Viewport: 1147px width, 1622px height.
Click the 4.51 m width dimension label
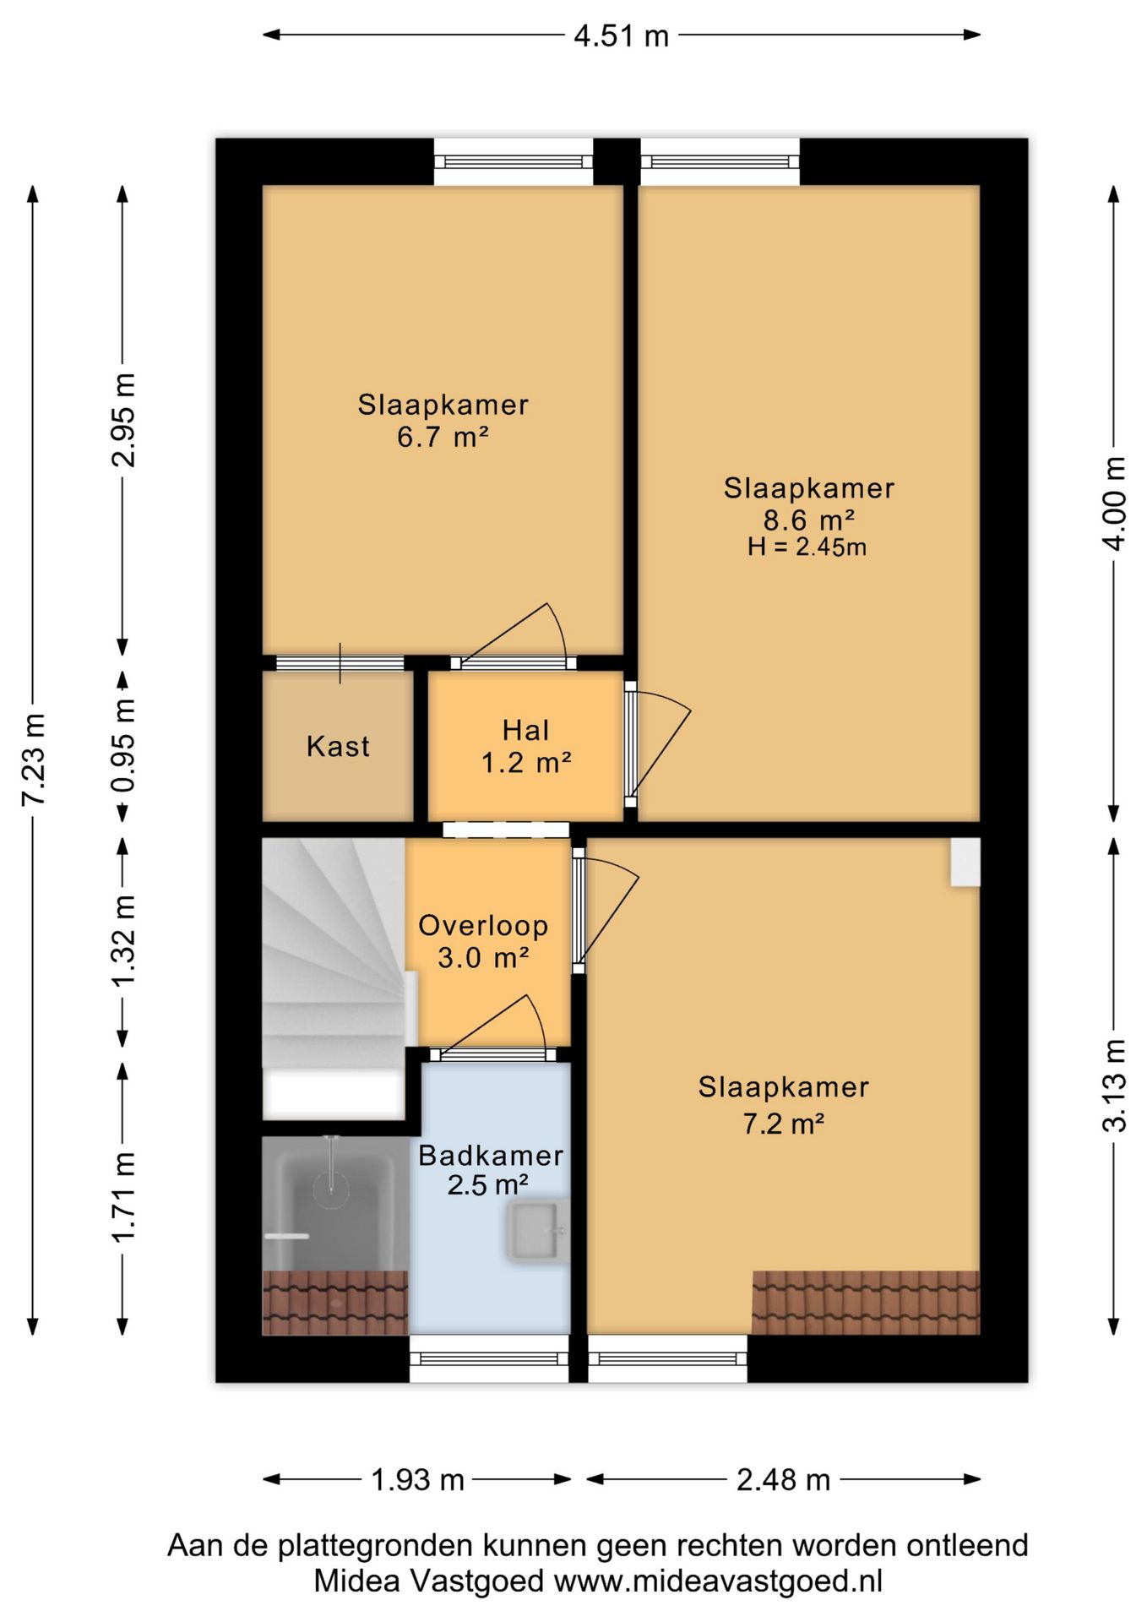click(x=621, y=35)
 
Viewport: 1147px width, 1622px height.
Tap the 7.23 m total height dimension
click(x=34, y=759)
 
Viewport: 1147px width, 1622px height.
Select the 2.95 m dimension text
click(x=123, y=420)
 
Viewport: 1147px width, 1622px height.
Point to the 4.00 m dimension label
click(x=1114, y=503)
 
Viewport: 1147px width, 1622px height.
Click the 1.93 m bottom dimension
click(x=418, y=1479)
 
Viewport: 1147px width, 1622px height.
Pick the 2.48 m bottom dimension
click(x=783, y=1479)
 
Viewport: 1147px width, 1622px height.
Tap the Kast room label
click(x=338, y=746)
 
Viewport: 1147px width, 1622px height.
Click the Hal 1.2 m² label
click(x=526, y=746)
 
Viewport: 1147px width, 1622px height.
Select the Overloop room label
click(x=483, y=925)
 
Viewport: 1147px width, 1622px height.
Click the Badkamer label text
click(x=491, y=1155)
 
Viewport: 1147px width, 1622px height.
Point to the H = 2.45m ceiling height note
click(x=807, y=547)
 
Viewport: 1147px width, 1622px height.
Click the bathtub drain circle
click(x=331, y=1188)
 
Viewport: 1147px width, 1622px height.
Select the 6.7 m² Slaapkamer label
click(x=443, y=420)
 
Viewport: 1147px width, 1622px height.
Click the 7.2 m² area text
click(x=783, y=1124)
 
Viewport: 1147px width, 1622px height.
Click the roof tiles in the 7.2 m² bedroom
click(x=866, y=1303)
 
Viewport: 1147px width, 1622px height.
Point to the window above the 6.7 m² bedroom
click(x=514, y=162)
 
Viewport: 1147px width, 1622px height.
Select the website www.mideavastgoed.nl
click(x=718, y=1581)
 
